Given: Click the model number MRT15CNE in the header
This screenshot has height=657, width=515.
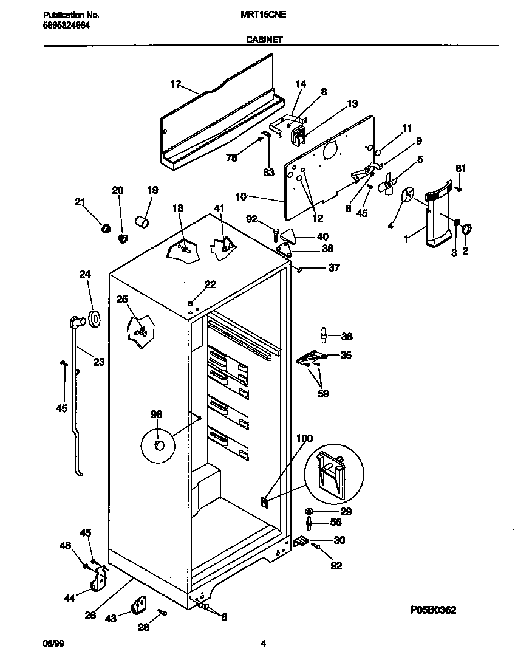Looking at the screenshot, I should tap(263, 14).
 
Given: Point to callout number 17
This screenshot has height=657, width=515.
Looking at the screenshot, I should tap(176, 84).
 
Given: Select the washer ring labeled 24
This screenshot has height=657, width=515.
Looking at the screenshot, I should tap(94, 317).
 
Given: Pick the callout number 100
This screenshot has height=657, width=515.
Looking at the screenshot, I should tap(304, 438).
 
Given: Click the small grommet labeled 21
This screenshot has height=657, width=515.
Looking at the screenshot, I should tap(105, 229).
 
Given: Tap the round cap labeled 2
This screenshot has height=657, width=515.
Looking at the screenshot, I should tap(467, 229).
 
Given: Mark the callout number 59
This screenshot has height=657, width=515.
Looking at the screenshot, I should tap(323, 394).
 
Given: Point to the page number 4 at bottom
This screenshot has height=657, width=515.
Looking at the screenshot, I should tap(263, 643).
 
